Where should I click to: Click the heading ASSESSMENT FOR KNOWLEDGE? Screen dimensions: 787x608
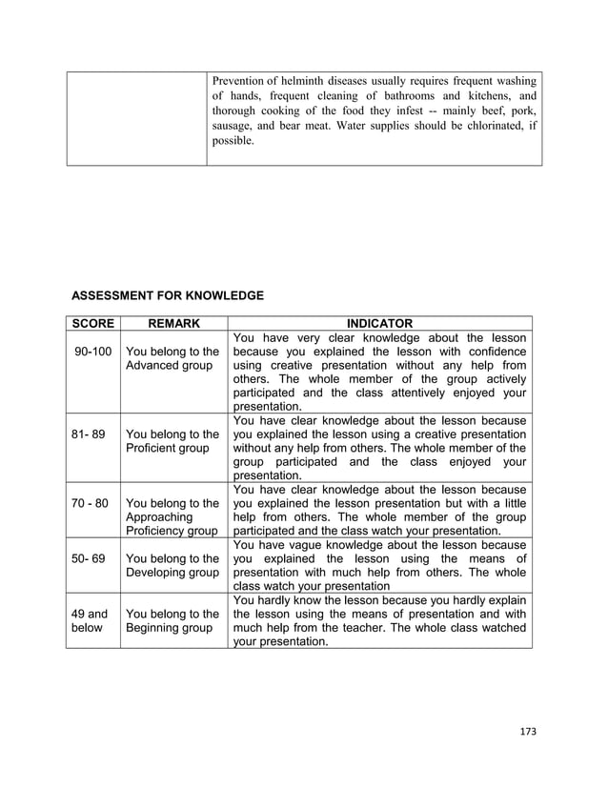click(x=168, y=296)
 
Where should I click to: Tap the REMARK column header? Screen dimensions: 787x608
click(x=172, y=323)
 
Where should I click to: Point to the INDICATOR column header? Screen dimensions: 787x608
click(x=379, y=323)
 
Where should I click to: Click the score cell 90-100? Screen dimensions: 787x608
click(x=93, y=352)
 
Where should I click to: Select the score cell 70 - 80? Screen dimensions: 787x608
click(x=91, y=502)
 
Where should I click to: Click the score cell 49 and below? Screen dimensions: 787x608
click(x=91, y=621)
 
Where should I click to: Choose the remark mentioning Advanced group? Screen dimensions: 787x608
click(x=172, y=358)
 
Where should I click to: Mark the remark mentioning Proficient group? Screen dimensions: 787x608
click(x=172, y=440)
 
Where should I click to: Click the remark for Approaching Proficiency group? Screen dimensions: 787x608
click(x=172, y=515)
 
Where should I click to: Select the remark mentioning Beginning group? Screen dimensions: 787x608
click(x=172, y=621)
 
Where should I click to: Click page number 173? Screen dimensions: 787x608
click(x=528, y=732)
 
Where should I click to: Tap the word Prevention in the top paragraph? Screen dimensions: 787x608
click(x=241, y=80)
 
